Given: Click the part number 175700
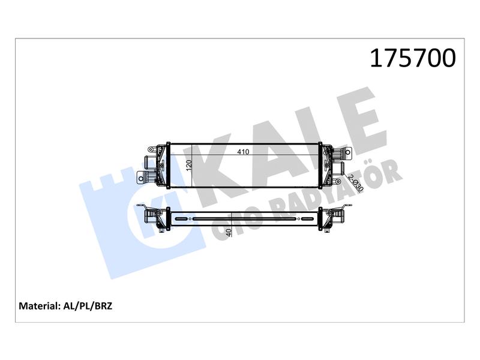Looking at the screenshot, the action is tap(413, 58).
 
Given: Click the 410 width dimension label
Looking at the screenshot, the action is tap(243, 152).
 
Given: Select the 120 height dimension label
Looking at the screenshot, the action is tap(188, 166).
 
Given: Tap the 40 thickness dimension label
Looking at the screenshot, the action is tap(229, 232).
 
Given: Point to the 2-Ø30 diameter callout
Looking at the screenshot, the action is tap(356, 183).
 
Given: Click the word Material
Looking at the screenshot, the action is tap(39, 306).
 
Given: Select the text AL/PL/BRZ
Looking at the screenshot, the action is tap(88, 306).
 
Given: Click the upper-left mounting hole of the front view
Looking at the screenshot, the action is tap(151, 149).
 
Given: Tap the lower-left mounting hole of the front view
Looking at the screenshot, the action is tap(141, 178).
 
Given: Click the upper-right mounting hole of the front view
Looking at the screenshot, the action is tap(348, 152).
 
